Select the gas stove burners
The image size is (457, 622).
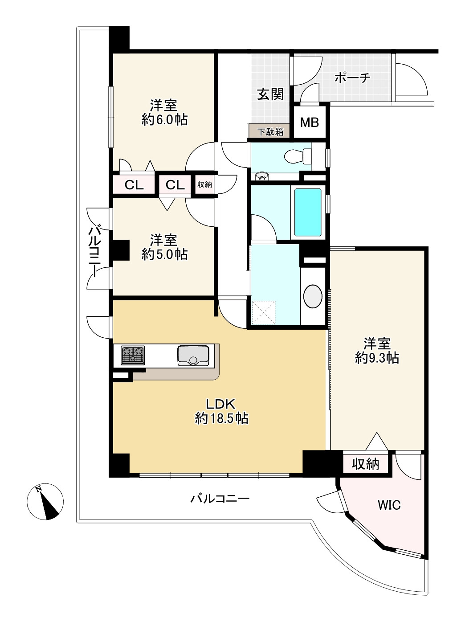(x=133, y=356)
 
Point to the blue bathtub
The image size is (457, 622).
(x=308, y=213)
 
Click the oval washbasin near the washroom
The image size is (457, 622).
(x=313, y=295)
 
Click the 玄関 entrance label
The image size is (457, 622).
(x=270, y=94)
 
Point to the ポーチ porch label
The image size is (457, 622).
(x=352, y=78)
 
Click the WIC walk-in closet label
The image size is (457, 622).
(x=389, y=505)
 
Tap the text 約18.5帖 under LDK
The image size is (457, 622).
(x=221, y=418)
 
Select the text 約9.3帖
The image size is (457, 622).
(x=377, y=358)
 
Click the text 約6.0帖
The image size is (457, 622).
(x=164, y=119)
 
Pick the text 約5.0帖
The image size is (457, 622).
(x=164, y=254)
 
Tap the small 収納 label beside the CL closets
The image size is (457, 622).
(x=204, y=184)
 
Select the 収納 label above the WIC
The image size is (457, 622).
(x=365, y=464)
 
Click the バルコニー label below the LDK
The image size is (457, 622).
(x=220, y=498)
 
